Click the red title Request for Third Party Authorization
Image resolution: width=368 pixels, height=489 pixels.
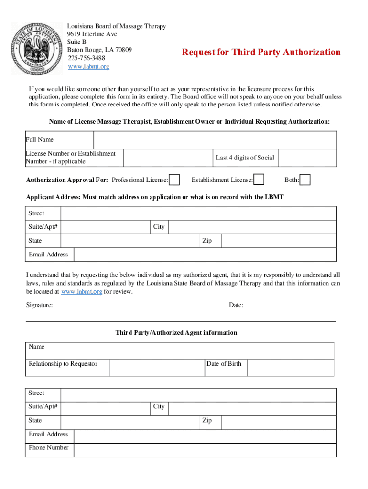point(261,52)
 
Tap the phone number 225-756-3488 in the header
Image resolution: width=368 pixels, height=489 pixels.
point(86,58)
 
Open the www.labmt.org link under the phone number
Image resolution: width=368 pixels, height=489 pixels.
point(88,66)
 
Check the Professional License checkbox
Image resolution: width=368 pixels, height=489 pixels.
point(175,180)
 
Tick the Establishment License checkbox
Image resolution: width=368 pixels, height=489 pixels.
point(259,180)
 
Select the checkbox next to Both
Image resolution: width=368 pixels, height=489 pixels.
point(305,180)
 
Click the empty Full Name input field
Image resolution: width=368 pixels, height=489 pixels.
point(215,140)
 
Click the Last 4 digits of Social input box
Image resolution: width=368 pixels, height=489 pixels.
point(307,158)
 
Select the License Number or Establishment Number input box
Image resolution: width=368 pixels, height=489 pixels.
point(168,158)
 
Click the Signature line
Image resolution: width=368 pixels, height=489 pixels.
point(134,305)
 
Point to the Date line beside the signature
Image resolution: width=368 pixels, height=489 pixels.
point(289,305)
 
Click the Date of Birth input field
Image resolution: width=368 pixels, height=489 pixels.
point(290,367)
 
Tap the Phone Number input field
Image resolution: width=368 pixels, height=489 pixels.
point(205,450)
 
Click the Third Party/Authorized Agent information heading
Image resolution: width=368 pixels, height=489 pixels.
point(176,333)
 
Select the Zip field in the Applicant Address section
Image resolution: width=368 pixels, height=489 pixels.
point(279,241)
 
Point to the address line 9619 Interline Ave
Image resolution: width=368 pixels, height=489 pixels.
point(92,34)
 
